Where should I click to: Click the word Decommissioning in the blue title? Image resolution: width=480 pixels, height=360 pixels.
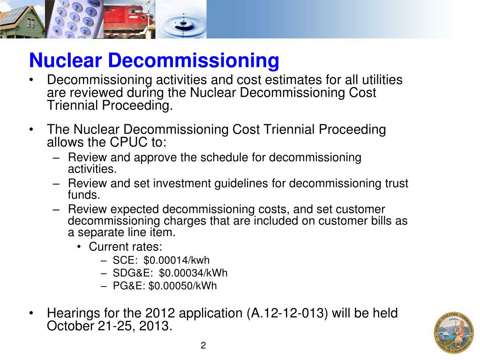click(x=194, y=60)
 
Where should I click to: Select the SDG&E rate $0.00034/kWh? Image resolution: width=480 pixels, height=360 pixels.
click(x=193, y=273)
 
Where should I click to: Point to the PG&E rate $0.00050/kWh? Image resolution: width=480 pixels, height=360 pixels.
click(x=182, y=286)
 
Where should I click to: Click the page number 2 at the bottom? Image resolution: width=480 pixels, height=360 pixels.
click(x=203, y=346)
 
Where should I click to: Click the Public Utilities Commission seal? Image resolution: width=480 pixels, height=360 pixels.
click(x=453, y=333)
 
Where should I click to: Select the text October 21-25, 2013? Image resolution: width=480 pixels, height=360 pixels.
click(x=109, y=326)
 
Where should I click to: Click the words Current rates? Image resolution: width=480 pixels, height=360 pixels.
click(x=126, y=247)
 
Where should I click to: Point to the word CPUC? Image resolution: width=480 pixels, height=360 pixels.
click(x=124, y=142)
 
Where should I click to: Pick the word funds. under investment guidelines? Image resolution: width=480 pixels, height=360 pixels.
click(x=84, y=195)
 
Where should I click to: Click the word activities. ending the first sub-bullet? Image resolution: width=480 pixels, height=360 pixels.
click(x=92, y=169)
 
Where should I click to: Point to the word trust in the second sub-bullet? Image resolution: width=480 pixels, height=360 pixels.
click(x=397, y=183)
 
